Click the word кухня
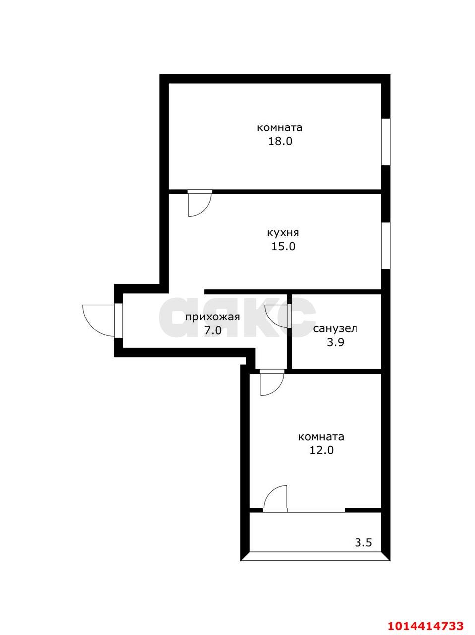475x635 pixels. click(x=283, y=232)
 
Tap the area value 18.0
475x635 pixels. click(x=280, y=141)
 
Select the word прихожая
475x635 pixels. click(x=213, y=317)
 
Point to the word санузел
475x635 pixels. click(x=336, y=328)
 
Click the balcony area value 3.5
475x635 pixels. click(x=363, y=542)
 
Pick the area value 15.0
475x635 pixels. click(x=283, y=246)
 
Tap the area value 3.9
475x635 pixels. click(x=336, y=342)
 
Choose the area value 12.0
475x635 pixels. click(x=321, y=450)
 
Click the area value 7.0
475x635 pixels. click(x=213, y=331)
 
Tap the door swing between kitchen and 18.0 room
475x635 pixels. click(x=200, y=204)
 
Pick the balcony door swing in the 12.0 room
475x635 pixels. click(x=275, y=497)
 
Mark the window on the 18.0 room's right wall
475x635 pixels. click(x=385, y=142)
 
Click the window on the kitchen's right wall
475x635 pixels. click(x=385, y=246)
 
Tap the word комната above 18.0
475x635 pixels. click(x=280, y=127)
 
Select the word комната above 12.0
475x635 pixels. click(x=321, y=437)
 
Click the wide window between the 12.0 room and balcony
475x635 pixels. click(x=316, y=509)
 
